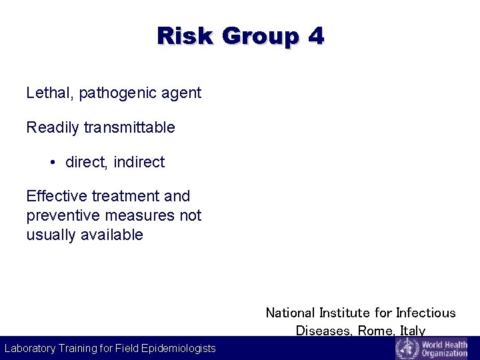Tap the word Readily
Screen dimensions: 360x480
[x=53, y=127]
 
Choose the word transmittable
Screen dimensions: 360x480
[x=129, y=127]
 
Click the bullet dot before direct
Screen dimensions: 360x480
[x=52, y=162]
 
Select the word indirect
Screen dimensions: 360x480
[x=139, y=162]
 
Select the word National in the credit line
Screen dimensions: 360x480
[x=290, y=313]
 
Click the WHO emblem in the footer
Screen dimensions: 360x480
[x=406, y=348]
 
